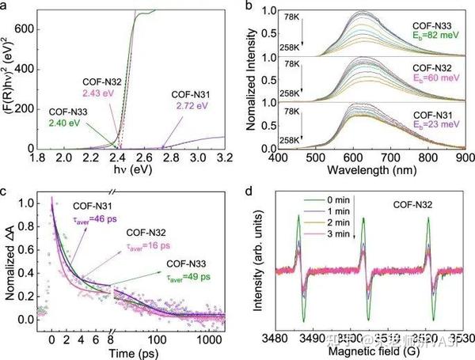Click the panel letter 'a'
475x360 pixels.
[6, 7]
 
